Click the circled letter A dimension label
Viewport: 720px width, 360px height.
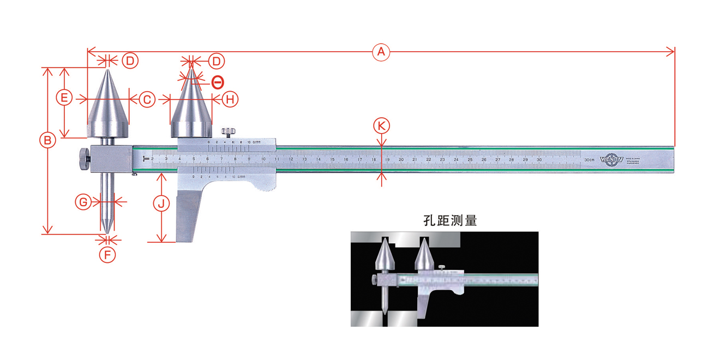[381, 52]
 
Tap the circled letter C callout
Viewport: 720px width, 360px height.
[146, 99]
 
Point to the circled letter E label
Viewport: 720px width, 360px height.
[64, 98]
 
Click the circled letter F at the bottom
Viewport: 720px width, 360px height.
[107, 254]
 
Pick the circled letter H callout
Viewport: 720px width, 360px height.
[231, 99]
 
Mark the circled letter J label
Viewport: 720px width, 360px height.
[161, 204]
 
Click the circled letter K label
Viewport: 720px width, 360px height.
[382, 126]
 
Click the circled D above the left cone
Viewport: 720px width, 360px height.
[129, 60]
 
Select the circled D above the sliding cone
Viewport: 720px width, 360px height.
[216, 60]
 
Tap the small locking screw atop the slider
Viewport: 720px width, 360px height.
[228, 132]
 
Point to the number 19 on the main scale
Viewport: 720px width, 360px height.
[387, 160]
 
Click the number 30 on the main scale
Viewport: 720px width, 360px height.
[539, 160]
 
